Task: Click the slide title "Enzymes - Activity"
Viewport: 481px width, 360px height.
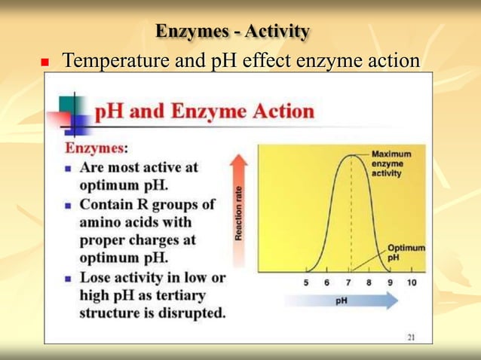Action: point(232,32)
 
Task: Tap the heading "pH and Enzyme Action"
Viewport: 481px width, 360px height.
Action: point(204,112)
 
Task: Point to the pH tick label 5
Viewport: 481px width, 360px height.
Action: point(306,283)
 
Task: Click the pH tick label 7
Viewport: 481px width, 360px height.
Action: point(348,283)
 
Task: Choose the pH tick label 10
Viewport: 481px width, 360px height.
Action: point(411,283)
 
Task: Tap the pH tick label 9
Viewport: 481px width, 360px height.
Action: point(390,283)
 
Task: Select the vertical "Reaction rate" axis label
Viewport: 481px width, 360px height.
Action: point(238,214)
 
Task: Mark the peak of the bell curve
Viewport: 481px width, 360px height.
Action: point(350,155)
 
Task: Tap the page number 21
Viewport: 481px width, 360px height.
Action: point(411,337)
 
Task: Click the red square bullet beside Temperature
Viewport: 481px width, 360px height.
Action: point(44,61)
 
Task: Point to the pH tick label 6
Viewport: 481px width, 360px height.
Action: point(327,283)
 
